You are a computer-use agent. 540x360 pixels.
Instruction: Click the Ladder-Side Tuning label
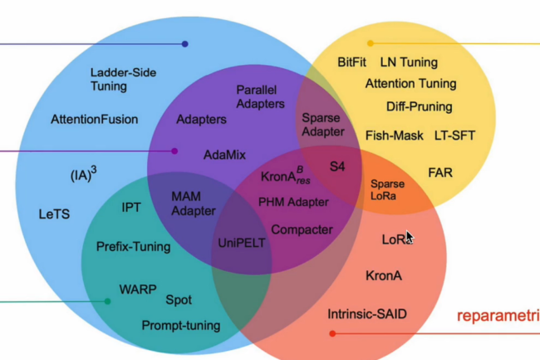(x=119, y=79)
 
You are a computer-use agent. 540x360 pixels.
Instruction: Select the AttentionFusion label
(x=94, y=119)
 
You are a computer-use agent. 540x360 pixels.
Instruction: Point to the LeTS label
(x=54, y=214)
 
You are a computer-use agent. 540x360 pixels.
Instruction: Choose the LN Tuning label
(x=409, y=62)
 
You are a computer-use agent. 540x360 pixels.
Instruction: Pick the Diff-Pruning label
(x=419, y=106)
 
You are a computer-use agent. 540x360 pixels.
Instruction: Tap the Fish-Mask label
(x=394, y=136)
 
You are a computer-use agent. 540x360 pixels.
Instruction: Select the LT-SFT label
(x=454, y=136)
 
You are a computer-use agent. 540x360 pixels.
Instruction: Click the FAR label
(x=439, y=172)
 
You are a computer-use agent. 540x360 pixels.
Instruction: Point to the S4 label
(x=337, y=166)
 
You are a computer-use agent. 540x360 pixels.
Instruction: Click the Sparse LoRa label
(x=387, y=190)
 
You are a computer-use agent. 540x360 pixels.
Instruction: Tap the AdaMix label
(x=224, y=155)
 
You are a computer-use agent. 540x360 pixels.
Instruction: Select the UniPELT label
(x=240, y=244)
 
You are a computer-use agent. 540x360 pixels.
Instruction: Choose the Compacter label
(x=302, y=229)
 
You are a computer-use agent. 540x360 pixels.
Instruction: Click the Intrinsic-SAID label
(x=367, y=314)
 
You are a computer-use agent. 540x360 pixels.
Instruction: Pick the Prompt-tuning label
(x=180, y=325)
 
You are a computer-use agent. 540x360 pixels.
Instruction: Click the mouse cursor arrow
(x=409, y=237)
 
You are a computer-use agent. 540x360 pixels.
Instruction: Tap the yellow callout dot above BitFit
(x=371, y=43)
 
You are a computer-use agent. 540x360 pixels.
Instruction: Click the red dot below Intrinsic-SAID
(x=332, y=333)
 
